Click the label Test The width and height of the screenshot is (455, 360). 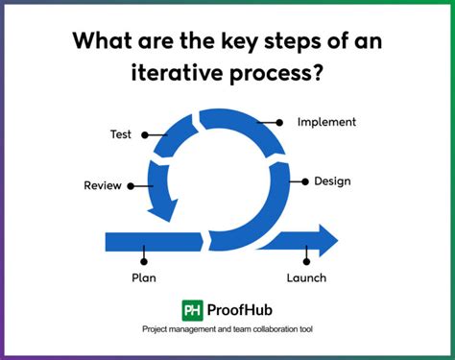(120, 134)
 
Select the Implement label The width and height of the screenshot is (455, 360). (326, 122)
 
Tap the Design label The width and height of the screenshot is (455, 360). (331, 181)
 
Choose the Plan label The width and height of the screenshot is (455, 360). (143, 278)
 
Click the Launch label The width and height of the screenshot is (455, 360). (305, 278)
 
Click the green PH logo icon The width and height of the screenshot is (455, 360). (193, 310)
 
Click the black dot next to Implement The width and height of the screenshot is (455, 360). (279, 122)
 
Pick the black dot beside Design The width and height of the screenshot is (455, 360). (304, 181)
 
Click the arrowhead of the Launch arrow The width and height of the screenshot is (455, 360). (326, 240)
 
